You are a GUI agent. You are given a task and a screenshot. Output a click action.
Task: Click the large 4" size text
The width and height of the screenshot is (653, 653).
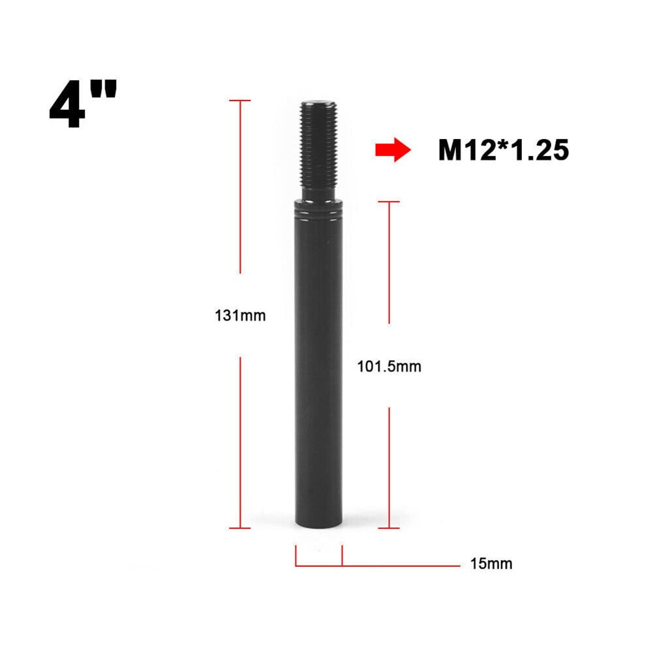click(x=83, y=104)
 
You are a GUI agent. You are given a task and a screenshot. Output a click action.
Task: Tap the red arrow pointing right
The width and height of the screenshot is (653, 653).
click(x=392, y=151)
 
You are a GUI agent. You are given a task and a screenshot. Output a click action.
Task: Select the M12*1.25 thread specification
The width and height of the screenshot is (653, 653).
click(x=503, y=151)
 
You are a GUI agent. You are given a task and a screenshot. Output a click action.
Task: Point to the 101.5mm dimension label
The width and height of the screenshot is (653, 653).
click(x=389, y=367)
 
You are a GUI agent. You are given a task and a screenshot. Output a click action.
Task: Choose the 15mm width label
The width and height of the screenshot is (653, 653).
click(x=491, y=564)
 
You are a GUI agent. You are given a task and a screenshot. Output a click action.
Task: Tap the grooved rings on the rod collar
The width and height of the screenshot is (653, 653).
click(x=318, y=211)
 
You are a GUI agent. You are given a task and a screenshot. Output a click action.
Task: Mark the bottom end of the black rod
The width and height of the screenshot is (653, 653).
click(x=318, y=525)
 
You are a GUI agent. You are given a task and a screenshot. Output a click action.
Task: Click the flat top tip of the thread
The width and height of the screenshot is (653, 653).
click(x=319, y=102)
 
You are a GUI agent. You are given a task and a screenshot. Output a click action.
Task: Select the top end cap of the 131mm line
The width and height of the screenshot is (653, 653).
click(x=240, y=100)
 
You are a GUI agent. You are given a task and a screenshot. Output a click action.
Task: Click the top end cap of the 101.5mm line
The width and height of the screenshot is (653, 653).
click(x=389, y=202)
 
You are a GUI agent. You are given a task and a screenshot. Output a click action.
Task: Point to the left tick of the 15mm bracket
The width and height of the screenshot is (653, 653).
click(x=296, y=555)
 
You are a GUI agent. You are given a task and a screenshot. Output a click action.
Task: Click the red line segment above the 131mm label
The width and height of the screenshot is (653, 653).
click(x=240, y=189)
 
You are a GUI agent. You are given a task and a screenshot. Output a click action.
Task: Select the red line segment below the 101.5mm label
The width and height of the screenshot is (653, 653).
click(x=389, y=466)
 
